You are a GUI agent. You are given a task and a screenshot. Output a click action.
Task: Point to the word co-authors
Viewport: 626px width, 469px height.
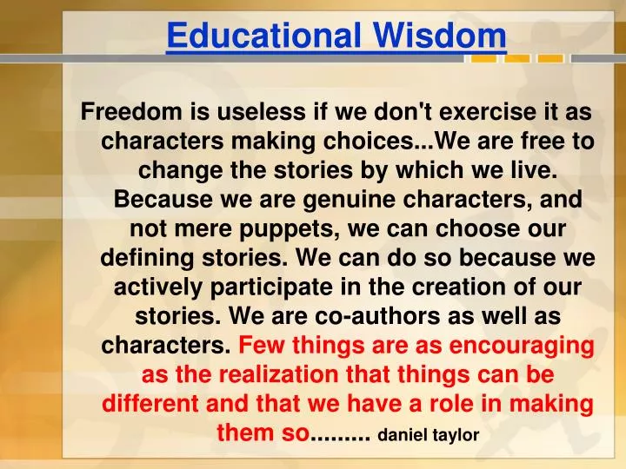(x=396, y=317)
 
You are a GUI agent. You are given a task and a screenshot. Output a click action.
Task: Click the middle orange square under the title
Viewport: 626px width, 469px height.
(x=517, y=59)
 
